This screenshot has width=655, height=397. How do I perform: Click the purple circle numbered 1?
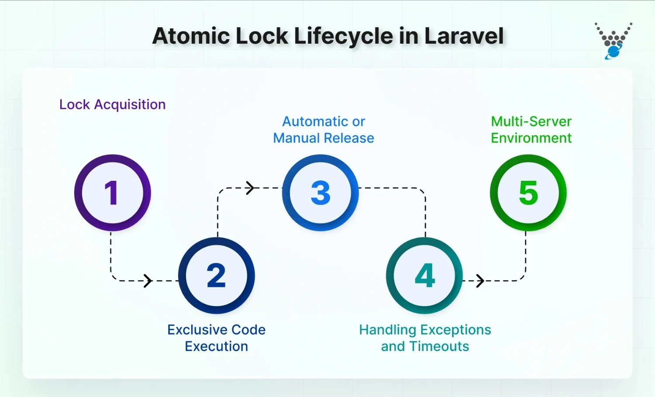112,193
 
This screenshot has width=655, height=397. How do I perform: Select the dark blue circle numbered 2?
216,276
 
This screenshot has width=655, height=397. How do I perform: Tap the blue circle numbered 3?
321,193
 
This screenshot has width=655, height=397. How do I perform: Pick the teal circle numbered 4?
424,276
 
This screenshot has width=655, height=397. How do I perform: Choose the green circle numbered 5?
528,193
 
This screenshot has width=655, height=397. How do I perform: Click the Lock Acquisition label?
112,104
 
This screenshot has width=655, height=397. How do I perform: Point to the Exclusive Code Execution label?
216,338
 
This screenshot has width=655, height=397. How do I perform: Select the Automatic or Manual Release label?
324,130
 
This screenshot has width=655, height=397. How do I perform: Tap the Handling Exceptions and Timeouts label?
425,338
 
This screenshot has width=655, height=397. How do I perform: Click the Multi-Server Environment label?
531,130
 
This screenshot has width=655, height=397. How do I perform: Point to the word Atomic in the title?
191,36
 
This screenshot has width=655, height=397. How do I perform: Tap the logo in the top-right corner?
614,41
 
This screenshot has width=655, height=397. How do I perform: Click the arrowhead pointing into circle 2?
148,281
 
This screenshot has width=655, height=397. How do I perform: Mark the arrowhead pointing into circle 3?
250,188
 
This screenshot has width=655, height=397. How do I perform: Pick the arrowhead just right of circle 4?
480,281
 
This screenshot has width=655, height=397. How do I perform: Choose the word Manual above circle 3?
296,138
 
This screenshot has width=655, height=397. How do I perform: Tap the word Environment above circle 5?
531,138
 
